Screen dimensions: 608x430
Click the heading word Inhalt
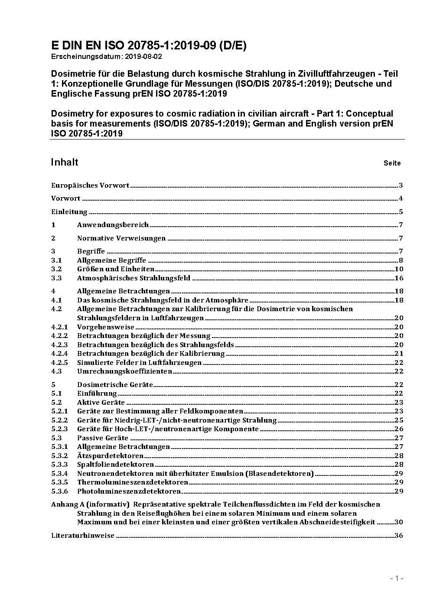tap(65, 162)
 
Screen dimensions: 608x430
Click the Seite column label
tap(392, 163)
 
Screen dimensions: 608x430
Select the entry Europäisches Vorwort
tap(90, 185)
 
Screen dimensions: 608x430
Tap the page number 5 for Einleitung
tap(401, 212)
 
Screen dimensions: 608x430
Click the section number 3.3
tap(56, 278)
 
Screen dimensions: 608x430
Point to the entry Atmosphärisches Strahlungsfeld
tap(134, 278)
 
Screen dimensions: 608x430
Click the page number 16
tap(399, 278)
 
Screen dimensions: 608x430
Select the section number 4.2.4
tap(59, 354)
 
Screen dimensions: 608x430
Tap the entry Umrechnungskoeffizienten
tap(124, 371)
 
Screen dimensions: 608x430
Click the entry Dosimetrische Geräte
tap(115, 385)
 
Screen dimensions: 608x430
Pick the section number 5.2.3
tap(59, 429)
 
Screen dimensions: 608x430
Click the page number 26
tap(399, 429)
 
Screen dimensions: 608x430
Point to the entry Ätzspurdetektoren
tap(110, 456)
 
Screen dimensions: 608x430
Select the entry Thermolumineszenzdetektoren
tap(133, 482)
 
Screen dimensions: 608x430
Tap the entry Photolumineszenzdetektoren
tap(129, 491)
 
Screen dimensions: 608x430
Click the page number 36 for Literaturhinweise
tap(399, 536)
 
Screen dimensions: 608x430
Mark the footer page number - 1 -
tap(396, 579)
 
